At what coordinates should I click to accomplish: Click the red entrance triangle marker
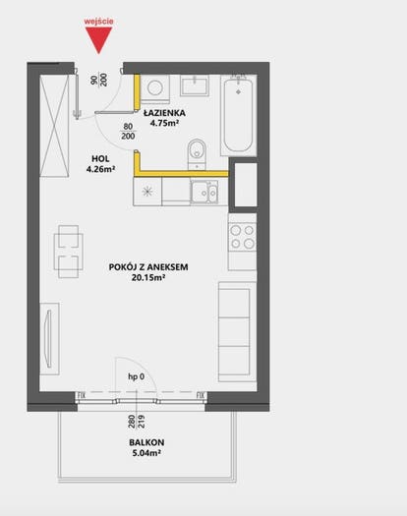pos(98,39)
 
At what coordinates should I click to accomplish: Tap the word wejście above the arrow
pos(98,22)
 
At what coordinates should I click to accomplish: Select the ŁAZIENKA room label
pos(164,113)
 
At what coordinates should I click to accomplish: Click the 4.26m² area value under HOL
pos(100,169)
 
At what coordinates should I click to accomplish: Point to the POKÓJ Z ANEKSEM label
pos(148,267)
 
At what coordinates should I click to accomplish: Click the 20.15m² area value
pos(148,278)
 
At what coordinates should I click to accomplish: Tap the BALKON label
pos(146,442)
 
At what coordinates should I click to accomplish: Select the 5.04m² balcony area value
pos(146,453)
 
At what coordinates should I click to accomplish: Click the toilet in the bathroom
pos(197,154)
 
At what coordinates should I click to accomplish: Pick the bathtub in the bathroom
pos(239,115)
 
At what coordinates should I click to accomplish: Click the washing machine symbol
pos(154,87)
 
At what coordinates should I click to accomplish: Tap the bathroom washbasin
pos(195,86)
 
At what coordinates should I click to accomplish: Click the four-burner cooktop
pos(243,237)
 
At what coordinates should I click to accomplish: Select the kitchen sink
pos(204,192)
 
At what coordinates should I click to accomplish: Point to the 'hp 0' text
pos(136,376)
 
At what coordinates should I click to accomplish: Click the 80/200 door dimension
pos(128,131)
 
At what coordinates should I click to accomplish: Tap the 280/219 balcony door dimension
pos(137,422)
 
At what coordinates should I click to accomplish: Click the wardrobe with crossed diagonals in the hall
pos(54,126)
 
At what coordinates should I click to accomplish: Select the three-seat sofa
pos(237,332)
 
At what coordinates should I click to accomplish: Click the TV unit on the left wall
pos(49,339)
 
